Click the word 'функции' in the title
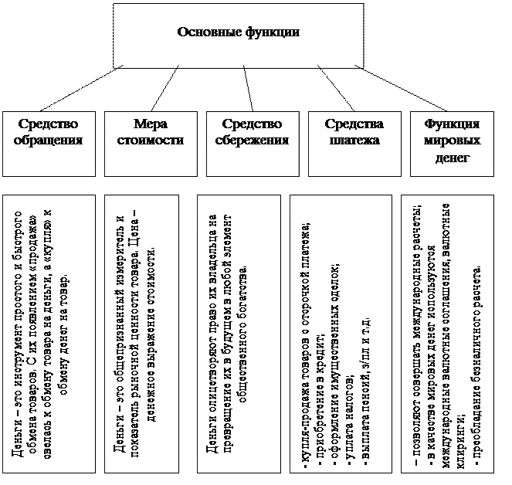point(270,32)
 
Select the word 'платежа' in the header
point(353,141)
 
